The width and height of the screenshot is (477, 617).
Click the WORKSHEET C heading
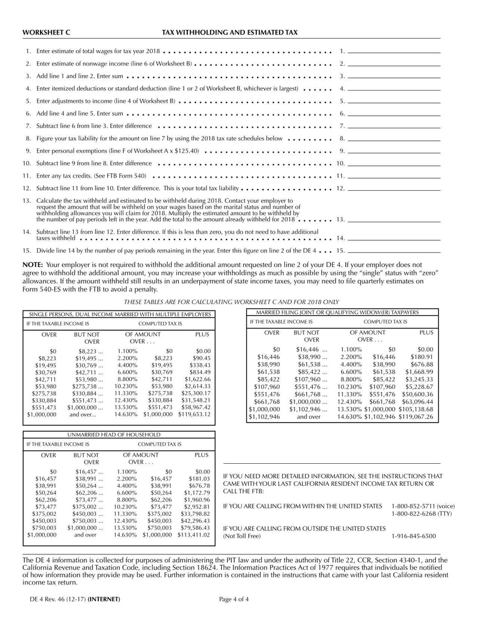[x=46, y=32]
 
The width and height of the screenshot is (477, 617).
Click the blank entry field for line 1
[x=394, y=51]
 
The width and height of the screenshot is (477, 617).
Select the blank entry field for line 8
[x=394, y=138]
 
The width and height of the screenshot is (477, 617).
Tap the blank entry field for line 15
[x=394, y=252]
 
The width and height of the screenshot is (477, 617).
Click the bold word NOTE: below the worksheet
[x=32, y=264]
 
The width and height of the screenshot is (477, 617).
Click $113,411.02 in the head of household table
[x=194, y=535]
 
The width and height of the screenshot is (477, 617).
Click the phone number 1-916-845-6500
[x=413, y=536]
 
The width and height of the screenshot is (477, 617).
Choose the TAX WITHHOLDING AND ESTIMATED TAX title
[x=230, y=32]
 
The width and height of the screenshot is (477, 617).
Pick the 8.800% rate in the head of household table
[x=126, y=499]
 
